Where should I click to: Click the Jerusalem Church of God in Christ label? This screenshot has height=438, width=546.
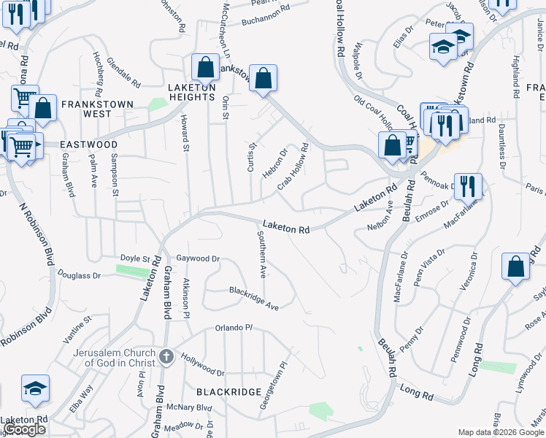pyautogui.click(x=93, y=357)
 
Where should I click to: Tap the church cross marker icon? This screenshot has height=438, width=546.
pyautogui.click(x=166, y=357)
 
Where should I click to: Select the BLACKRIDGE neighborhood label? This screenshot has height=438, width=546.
pyautogui.click(x=228, y=392)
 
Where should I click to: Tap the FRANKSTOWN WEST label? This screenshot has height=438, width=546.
pyautogui.click(x=97, y=109)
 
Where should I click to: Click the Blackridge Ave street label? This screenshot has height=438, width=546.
pyautogui.click(x=254, y=299)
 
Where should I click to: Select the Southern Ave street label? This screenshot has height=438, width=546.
pyautogui.click(x=262, y=255)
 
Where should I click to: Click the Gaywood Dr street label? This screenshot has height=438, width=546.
pyautogui.click(x=198, y=258)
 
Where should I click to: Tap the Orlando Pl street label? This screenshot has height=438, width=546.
pyautogui.click(x=233, y=328)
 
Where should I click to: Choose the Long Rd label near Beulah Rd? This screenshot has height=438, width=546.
pyautogui.click(x=417, y=395)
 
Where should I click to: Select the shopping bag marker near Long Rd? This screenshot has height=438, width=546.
pyautogui.click(x=515, y=266)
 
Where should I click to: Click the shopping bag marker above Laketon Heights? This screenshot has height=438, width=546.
pyautogui.click(x=205, y=67)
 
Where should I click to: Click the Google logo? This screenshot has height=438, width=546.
pyautogui.click(x=24, y=430)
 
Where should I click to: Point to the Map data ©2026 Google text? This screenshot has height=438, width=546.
pyautogui.click(x=500, y=432)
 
